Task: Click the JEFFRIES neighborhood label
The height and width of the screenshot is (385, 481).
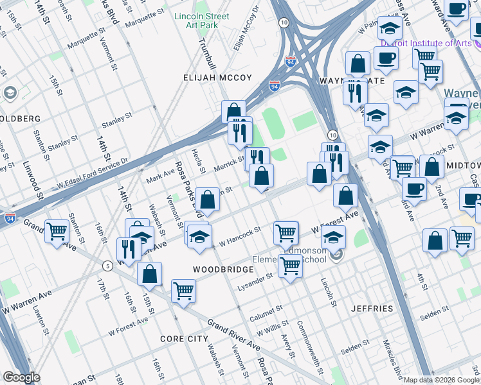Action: pos(372,309)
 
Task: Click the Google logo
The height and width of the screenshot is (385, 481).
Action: pos(21,377)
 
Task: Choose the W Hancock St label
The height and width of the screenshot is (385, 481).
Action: pos(240,236)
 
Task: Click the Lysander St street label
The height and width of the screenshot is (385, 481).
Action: pos(256,282)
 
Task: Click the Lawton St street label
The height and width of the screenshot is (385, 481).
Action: pos(40,320)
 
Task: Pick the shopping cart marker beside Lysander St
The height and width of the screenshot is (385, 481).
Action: pos(290,266)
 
